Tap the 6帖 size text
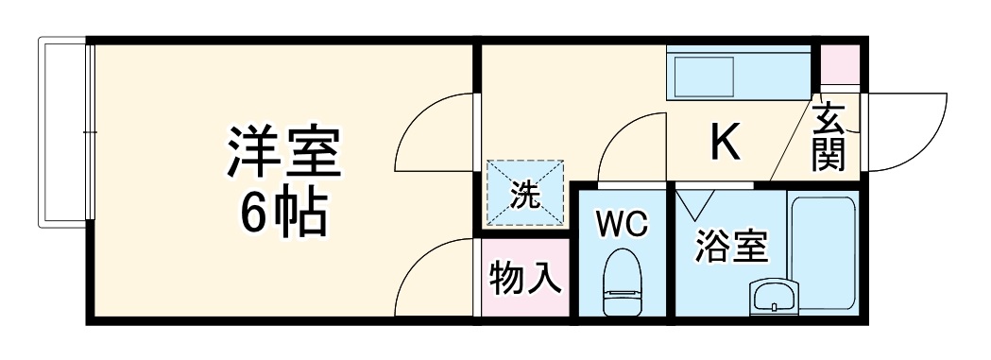[x=282, y=215]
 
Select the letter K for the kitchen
[x=724, y=143]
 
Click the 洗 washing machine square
[x=524, y=194]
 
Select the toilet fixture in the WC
[x=622, y=281]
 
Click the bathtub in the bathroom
[x=823, y=250]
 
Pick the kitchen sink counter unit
[x=739, y=72]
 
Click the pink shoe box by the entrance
[x=839, y=64]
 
